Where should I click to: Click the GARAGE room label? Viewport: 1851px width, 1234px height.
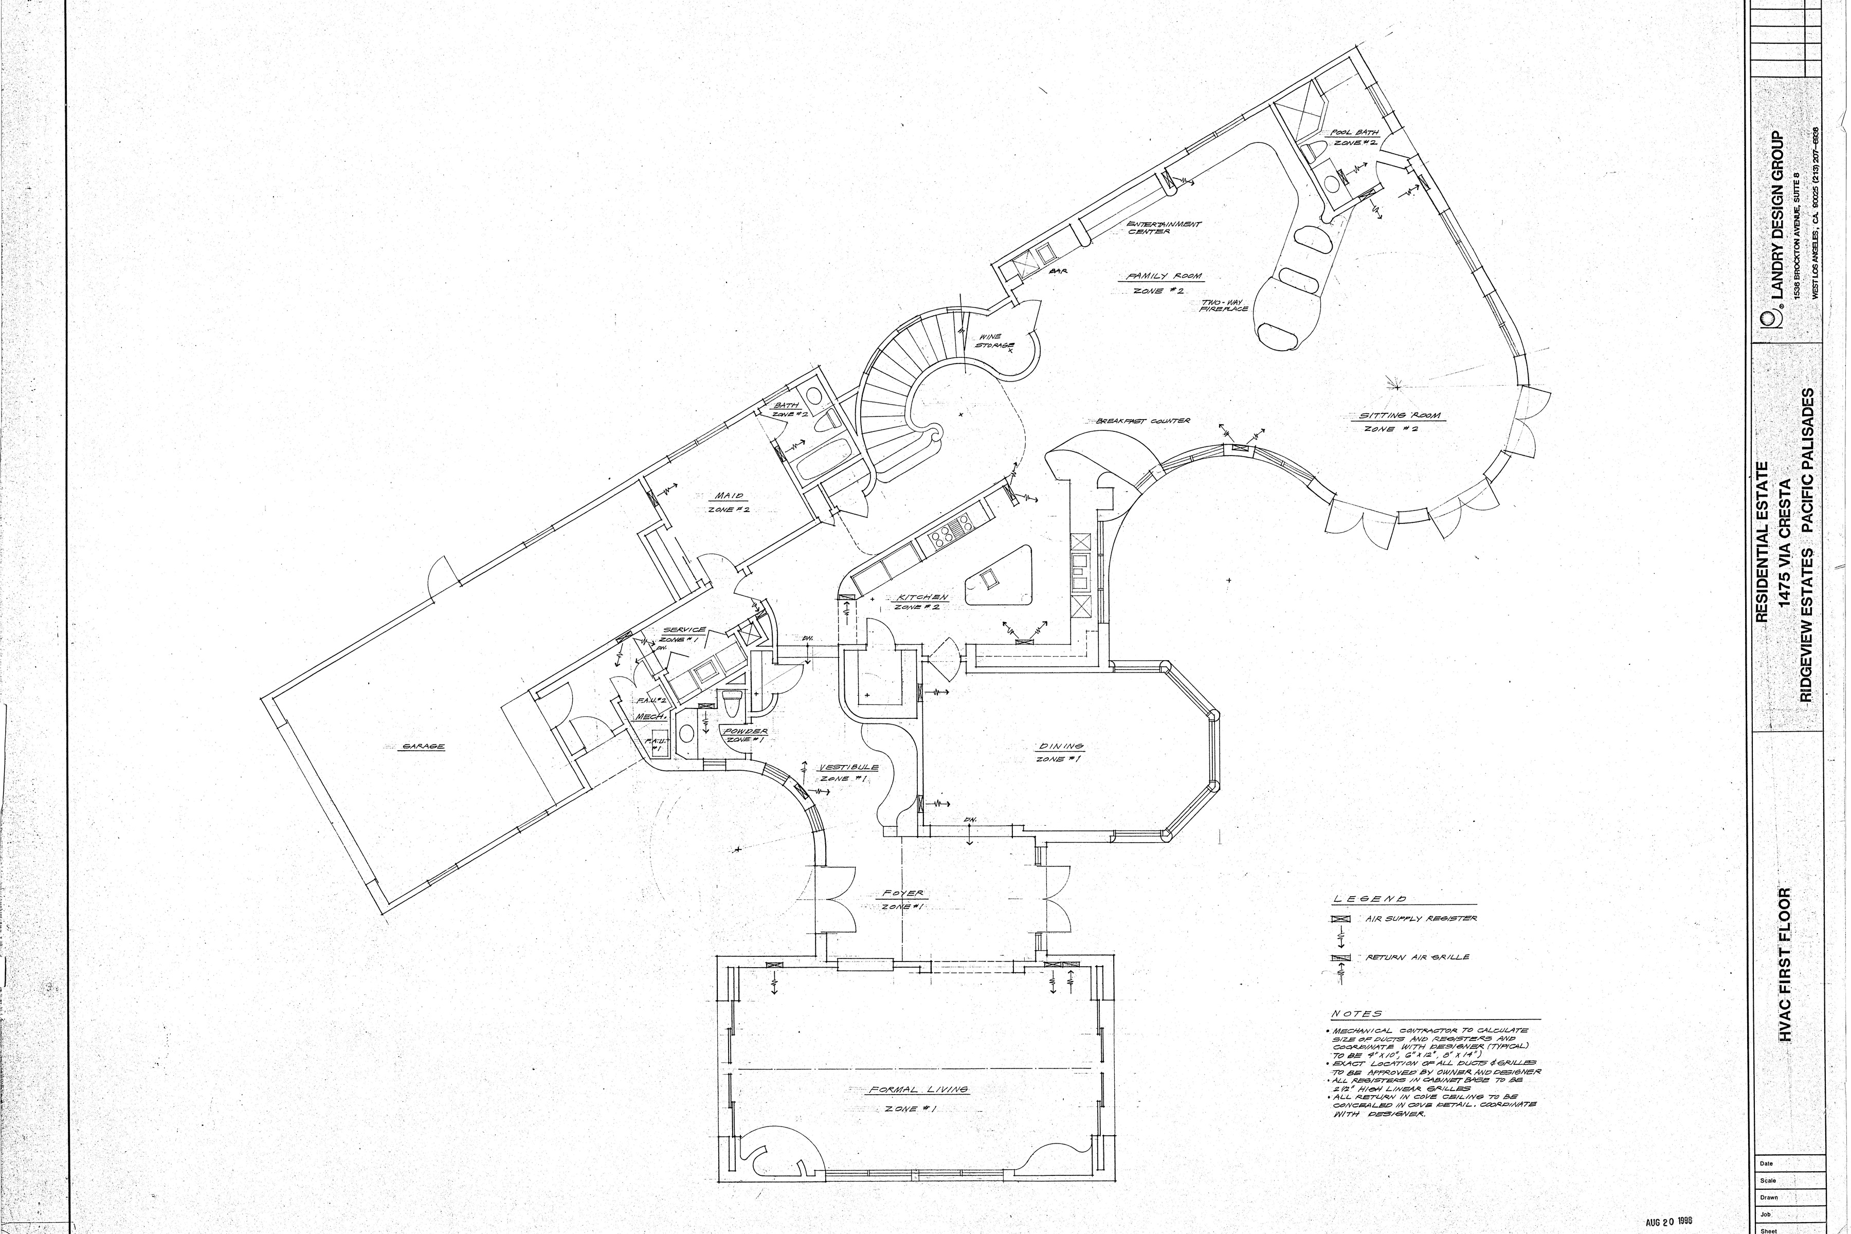[x=423, y=746]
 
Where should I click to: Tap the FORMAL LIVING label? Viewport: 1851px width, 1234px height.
[x=918, y=1090]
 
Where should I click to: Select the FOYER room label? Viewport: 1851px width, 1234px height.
[x=903, y=894]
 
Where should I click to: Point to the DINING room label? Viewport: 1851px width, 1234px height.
[x=1062, y=746]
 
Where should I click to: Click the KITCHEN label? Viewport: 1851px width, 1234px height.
[x=922, y=598]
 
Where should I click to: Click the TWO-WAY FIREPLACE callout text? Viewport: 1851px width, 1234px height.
[x=1224, y=306]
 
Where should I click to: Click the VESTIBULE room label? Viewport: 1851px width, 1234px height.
[x=848, y=767]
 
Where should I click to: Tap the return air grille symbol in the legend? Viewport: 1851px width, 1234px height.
[x=1340, y=958]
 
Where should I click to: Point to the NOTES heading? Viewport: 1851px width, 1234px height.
[x=1356, y=1014]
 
